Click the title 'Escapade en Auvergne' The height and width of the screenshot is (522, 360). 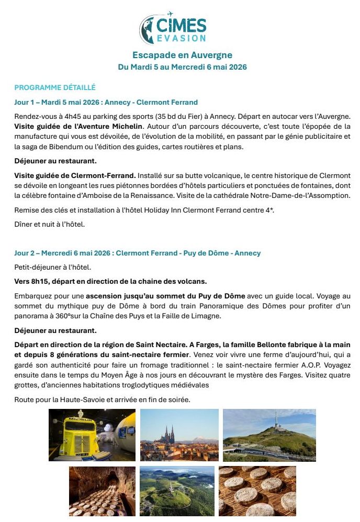tap(182, 55)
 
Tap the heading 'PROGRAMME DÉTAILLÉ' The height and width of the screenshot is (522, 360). tap(55, 87)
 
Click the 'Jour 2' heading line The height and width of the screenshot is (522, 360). tap(137, 253)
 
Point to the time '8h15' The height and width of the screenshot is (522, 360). tap(42, 281)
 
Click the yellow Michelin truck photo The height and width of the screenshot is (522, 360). tap(92, 435)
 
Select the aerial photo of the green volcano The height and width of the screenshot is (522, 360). tap(177, 491)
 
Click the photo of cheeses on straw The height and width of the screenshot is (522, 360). tap(257, 491)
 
